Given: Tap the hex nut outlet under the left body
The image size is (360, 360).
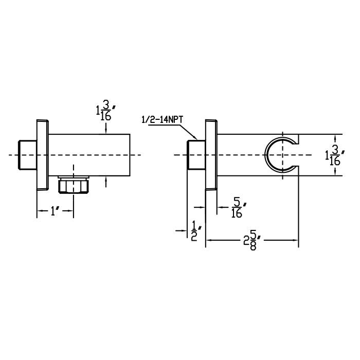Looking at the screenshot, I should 73,186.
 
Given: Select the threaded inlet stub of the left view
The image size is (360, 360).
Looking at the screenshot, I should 26,155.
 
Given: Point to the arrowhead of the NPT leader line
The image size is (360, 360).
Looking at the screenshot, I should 196,138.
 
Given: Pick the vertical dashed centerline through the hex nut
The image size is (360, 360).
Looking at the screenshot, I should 73,170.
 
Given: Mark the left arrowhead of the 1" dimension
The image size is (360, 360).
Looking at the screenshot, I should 39,211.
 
